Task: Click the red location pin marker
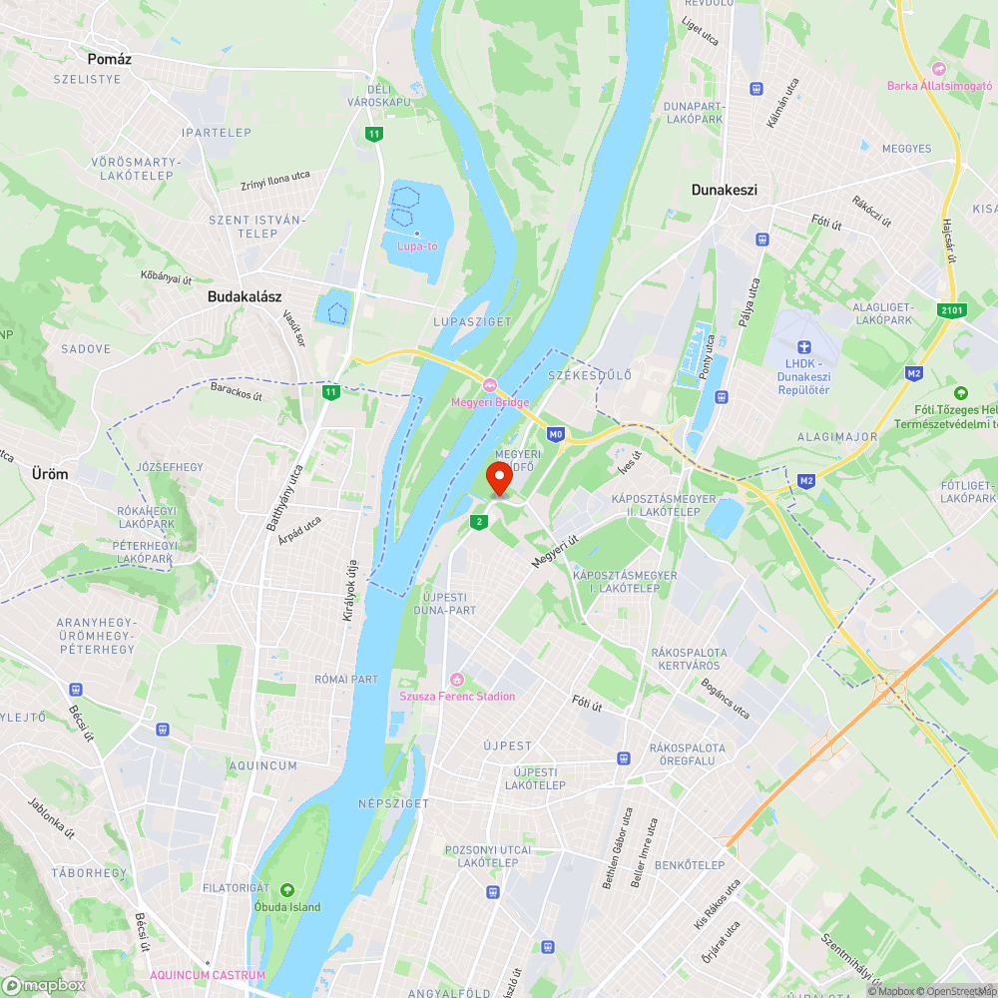(x=499, y=479)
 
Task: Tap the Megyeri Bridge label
(x=489, y=402)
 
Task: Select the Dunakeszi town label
(x=725, y=189)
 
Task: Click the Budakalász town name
(x=245, y=296)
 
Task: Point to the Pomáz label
(x=109, y=59)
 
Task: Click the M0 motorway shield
(x=556, y=434)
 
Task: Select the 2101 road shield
(x=952, y=311)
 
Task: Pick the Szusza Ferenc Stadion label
(x=457, y=696)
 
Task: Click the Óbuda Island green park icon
(x=287, y=890)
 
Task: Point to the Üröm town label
(x=50, y=474)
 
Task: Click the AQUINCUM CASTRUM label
(x=208, y=975)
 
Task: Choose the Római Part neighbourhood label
(x=346, y=680)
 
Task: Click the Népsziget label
(x=393, y=803)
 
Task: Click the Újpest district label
(x=508, y=746)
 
